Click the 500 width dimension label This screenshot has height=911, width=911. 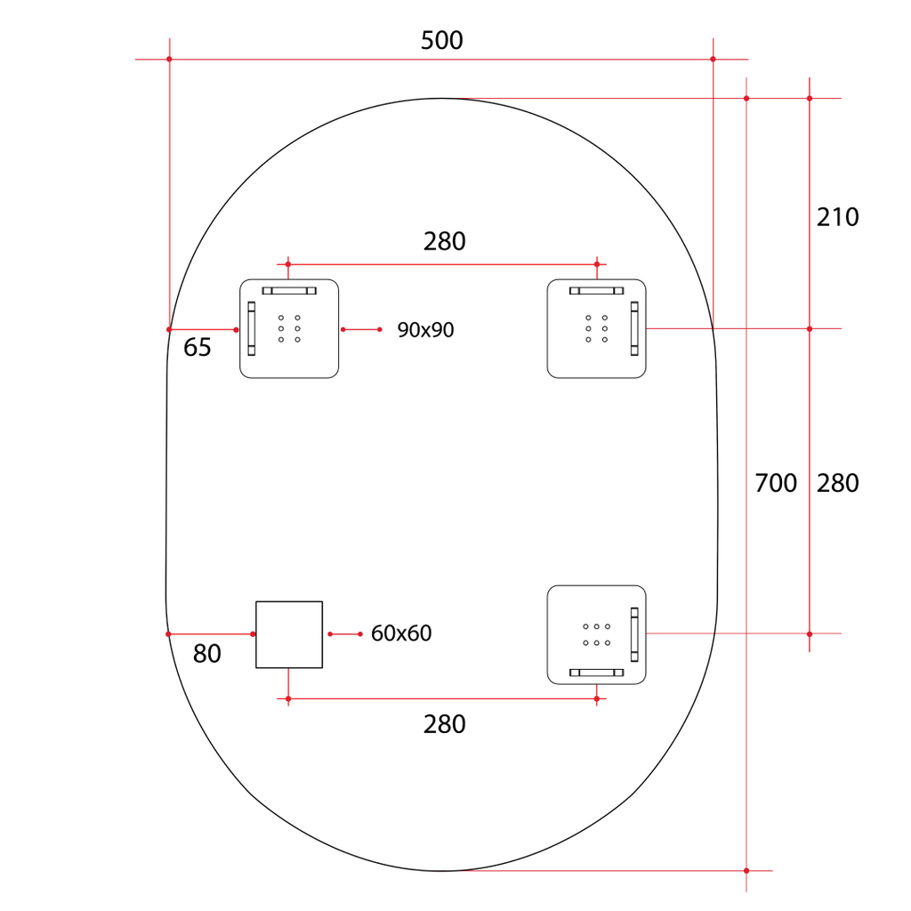pyautogui.click(x=441, y=41)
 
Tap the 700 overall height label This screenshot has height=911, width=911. pyautogui.click(x=776, y=483)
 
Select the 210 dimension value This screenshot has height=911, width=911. pyautogui.click(x=837, y=217)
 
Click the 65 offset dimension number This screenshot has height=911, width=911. pyautogui.click(x=197, y=348)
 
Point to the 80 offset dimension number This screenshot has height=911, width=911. pyautogui.click(x=206, y=654)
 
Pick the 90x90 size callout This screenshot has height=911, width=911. pyautogui.click(x=425, y=330)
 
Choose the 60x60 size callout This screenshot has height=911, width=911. pyautogui.click(x=401, y=633)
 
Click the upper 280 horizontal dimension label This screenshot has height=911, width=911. pyautogui.click(x=445, y=242)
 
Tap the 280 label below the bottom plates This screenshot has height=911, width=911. pyautogui.click(x=445, y=724)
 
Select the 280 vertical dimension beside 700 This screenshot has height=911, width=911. pyautogui.click(x=837, y=483)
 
